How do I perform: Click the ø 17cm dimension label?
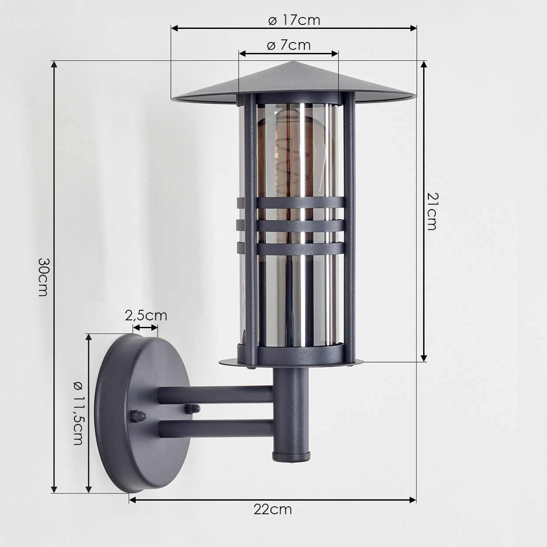click(294, 20)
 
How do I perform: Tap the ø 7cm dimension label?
click(289, 45)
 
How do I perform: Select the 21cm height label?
click(432, 211)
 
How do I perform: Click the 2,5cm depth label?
click(146, 316)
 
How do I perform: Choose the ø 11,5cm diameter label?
click(78, 413)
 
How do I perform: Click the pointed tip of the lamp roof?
click(294, 62)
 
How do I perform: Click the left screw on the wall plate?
click(138, 416)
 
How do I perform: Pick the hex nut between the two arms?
click(193, 409)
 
